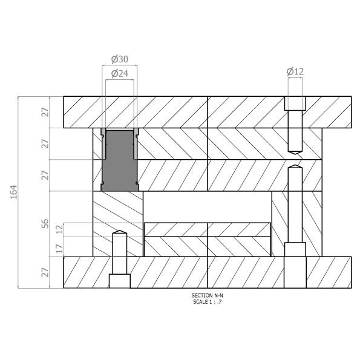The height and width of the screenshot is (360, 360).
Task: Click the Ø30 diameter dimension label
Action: (x=120, y=59)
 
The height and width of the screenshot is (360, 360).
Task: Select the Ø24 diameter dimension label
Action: (x=120, y=73)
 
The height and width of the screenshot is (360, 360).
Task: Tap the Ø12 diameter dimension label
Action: (x=295, y=71)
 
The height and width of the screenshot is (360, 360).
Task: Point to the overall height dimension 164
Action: (x=14, y=192)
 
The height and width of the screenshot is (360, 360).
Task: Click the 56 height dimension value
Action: (x=45, y=224)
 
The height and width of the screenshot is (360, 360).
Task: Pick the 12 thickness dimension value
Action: (x=59, y=229)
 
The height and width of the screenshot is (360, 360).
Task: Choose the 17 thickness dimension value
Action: (x=59, y=249)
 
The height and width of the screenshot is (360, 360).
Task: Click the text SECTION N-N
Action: (x=207, y=295)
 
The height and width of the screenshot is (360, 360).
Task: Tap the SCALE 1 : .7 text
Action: (x=207, y=302)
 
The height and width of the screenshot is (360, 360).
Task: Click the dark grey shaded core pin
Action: (x=120, y=161)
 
